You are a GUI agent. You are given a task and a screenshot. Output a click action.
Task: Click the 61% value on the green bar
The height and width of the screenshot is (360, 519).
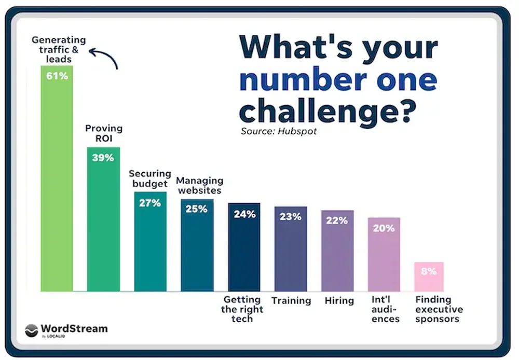coord(57,76)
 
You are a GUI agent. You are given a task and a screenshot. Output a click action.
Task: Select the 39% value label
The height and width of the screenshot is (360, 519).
coord(103,158)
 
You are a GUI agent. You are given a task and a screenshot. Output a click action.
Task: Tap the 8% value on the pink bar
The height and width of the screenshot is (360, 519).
coord(429,271)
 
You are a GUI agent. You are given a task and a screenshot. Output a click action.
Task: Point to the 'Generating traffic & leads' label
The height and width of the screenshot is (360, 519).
coord(59,49)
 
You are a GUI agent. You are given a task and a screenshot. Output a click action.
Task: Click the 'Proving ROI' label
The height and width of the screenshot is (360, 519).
coord(104,133)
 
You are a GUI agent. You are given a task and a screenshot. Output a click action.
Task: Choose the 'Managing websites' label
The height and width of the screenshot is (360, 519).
coord(199,185)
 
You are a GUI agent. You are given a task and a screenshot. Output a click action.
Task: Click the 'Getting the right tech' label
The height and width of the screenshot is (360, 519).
coord(242,309)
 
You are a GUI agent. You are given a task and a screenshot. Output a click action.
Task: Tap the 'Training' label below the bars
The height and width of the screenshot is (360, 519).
coord(291,300)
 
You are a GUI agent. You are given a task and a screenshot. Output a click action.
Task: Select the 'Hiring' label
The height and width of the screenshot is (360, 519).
coord(339,300)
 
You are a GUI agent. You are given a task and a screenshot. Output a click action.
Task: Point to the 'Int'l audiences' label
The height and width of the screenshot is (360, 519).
coord(385,309)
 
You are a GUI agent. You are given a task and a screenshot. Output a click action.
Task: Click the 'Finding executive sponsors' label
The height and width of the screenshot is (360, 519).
coord(439,309)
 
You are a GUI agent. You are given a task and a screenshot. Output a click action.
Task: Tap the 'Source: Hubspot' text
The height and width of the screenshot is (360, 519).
coord(279,131)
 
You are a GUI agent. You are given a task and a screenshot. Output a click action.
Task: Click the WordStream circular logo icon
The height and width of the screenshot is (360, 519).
coord(32,330)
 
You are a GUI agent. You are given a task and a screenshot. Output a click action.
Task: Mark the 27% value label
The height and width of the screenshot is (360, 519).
coord(149,203)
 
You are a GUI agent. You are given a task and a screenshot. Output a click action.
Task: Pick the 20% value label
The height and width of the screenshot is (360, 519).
coord(384,228)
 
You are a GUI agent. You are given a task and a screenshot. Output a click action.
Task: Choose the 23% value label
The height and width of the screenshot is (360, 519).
coord(290,217)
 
